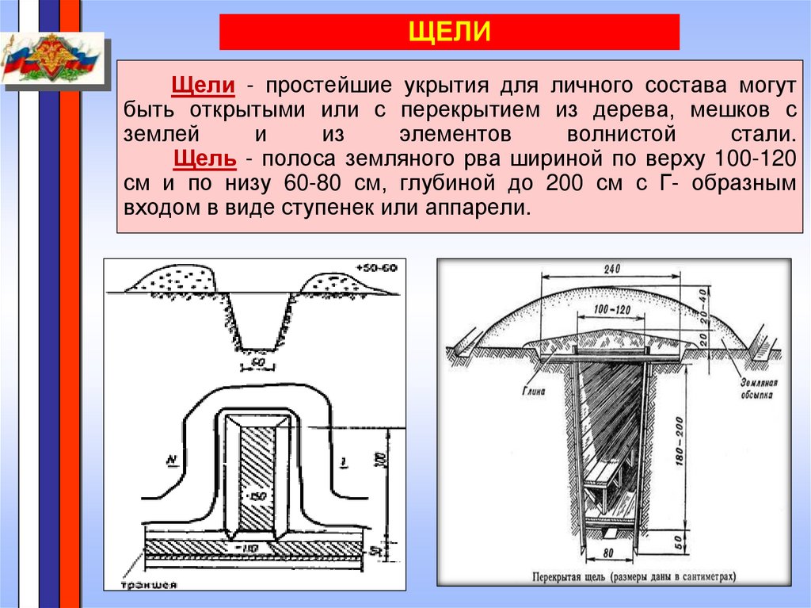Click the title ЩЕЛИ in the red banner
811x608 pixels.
click(448, 33)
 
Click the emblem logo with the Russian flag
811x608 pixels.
click(52, 58)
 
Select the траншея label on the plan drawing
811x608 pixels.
click(148, 586)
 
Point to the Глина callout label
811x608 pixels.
click(532, 388)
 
